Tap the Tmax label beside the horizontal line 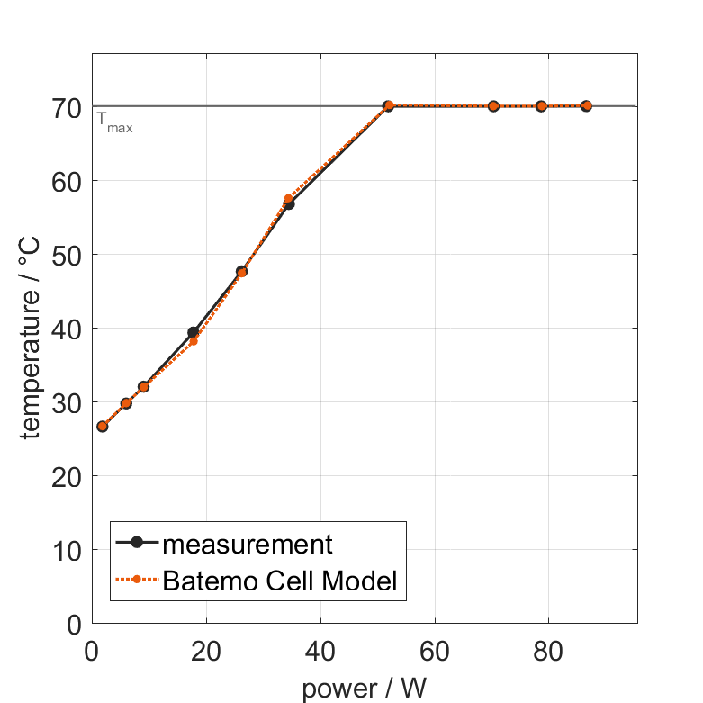tap(114, 122)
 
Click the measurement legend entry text tap(248, 544)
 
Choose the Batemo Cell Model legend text tap(280, 581)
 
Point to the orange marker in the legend tap(137, 580)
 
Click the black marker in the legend tap(137, 542)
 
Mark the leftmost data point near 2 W tap(103, 427)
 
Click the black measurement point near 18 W tap(193, 332)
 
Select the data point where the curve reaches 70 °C tap(388, 106)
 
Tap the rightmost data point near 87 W tap(586, 106)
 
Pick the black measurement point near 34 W tap(289, 204)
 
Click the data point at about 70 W tap(493, 106)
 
